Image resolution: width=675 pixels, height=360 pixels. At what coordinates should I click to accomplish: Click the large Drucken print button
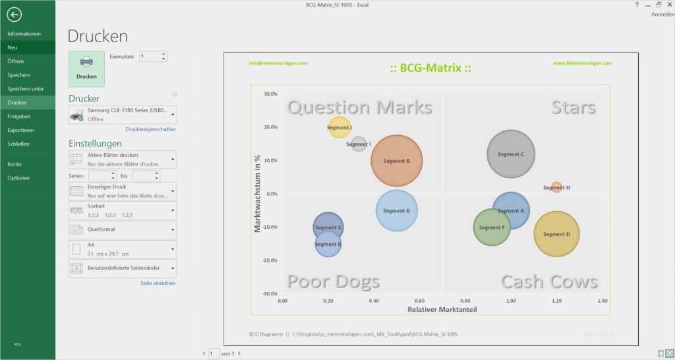click(86, 69)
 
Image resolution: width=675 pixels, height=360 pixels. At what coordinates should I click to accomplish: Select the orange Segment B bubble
click(397, 160)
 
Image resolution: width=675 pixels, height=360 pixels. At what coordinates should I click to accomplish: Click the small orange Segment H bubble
click(557, 187)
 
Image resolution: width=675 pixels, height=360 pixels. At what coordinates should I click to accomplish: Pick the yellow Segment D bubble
click(556, 234)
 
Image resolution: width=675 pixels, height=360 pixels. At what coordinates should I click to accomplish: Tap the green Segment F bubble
click(492, 227)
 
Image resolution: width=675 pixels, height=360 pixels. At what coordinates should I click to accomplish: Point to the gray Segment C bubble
click(511, 154)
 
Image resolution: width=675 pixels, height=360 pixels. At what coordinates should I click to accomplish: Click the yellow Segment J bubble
click(339, 127)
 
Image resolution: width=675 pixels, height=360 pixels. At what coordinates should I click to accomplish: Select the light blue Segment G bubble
click(397, 210)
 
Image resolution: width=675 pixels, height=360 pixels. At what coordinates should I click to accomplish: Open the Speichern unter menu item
click(26, 89)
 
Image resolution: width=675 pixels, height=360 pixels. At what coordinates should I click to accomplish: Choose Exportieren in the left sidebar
click(20, 130)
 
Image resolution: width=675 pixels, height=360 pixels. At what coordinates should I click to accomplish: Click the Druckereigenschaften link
click(150, 129)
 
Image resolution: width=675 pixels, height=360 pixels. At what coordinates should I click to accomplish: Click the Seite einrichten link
click(158, 283)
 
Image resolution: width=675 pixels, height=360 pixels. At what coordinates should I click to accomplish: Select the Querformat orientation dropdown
click(123, 229)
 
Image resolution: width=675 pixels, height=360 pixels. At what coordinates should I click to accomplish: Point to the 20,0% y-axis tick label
click(270, 127)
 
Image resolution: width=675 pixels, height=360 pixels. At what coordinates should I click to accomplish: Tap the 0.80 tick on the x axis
click(465, 300)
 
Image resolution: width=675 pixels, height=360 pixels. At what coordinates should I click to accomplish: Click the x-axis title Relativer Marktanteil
click(442, 309)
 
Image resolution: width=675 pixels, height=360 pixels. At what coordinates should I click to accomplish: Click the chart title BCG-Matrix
click(430, 68)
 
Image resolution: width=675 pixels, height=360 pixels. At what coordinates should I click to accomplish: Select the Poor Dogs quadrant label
click(334, 282)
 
